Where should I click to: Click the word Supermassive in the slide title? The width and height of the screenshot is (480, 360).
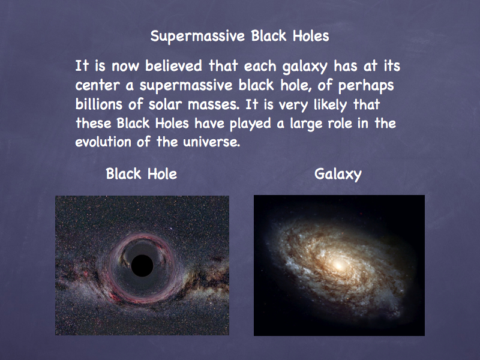tap(197, 37)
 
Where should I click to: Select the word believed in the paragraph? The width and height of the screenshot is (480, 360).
tap(173, 66)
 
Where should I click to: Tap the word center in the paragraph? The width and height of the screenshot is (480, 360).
tap(97, 85)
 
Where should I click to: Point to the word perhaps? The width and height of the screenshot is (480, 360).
tap(366, 86)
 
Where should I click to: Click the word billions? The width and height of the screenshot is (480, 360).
tap(99, 104)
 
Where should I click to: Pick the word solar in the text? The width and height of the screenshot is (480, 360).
tap(165, 104)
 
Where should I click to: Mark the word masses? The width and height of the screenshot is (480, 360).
tap(214, 105)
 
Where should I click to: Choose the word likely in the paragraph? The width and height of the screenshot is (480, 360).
tap(331, 105)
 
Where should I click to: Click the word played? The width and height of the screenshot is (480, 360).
tap(250, 124)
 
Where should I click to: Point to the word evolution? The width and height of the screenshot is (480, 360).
tap(103, 142)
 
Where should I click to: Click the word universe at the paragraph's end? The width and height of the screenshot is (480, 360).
tap(212, 142)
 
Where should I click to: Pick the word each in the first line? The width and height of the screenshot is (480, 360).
tap(260, 66)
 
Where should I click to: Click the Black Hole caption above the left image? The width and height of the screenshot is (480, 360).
tap(142, 174)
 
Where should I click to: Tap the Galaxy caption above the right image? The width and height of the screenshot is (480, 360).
tap(338, 175)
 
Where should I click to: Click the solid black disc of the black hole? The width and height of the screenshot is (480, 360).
tap(142, 265)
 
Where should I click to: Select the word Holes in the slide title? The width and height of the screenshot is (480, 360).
tap(311, 36)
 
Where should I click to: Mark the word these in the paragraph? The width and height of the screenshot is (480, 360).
tap(94, 124)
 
